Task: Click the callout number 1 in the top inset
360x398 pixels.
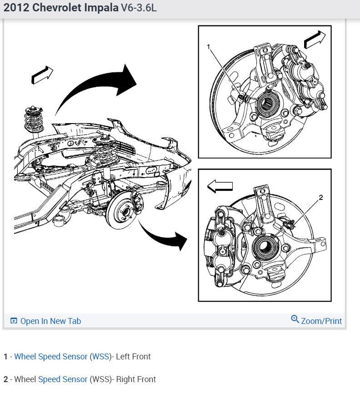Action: (x=209, y=47)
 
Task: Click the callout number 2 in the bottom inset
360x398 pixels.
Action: (x=321, y=198)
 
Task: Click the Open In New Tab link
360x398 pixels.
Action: (x=50, y=321)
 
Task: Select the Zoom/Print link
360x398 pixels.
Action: (x=321, y=321)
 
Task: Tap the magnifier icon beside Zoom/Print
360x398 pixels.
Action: (x=295, y=319)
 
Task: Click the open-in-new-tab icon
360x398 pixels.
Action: (x=14, y=321)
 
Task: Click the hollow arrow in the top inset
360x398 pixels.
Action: (x=315, y=40)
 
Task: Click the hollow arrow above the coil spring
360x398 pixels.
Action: (x=42, y=75)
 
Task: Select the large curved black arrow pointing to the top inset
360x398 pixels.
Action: (x=98, y=86)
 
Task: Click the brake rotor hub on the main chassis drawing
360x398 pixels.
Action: (x=122, y=210)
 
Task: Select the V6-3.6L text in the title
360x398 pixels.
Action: (x=138, y=9)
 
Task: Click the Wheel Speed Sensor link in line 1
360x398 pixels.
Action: (x=51, y=357)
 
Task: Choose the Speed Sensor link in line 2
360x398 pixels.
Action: (x=63, y=379)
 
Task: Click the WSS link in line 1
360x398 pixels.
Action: (x=100, y=357)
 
